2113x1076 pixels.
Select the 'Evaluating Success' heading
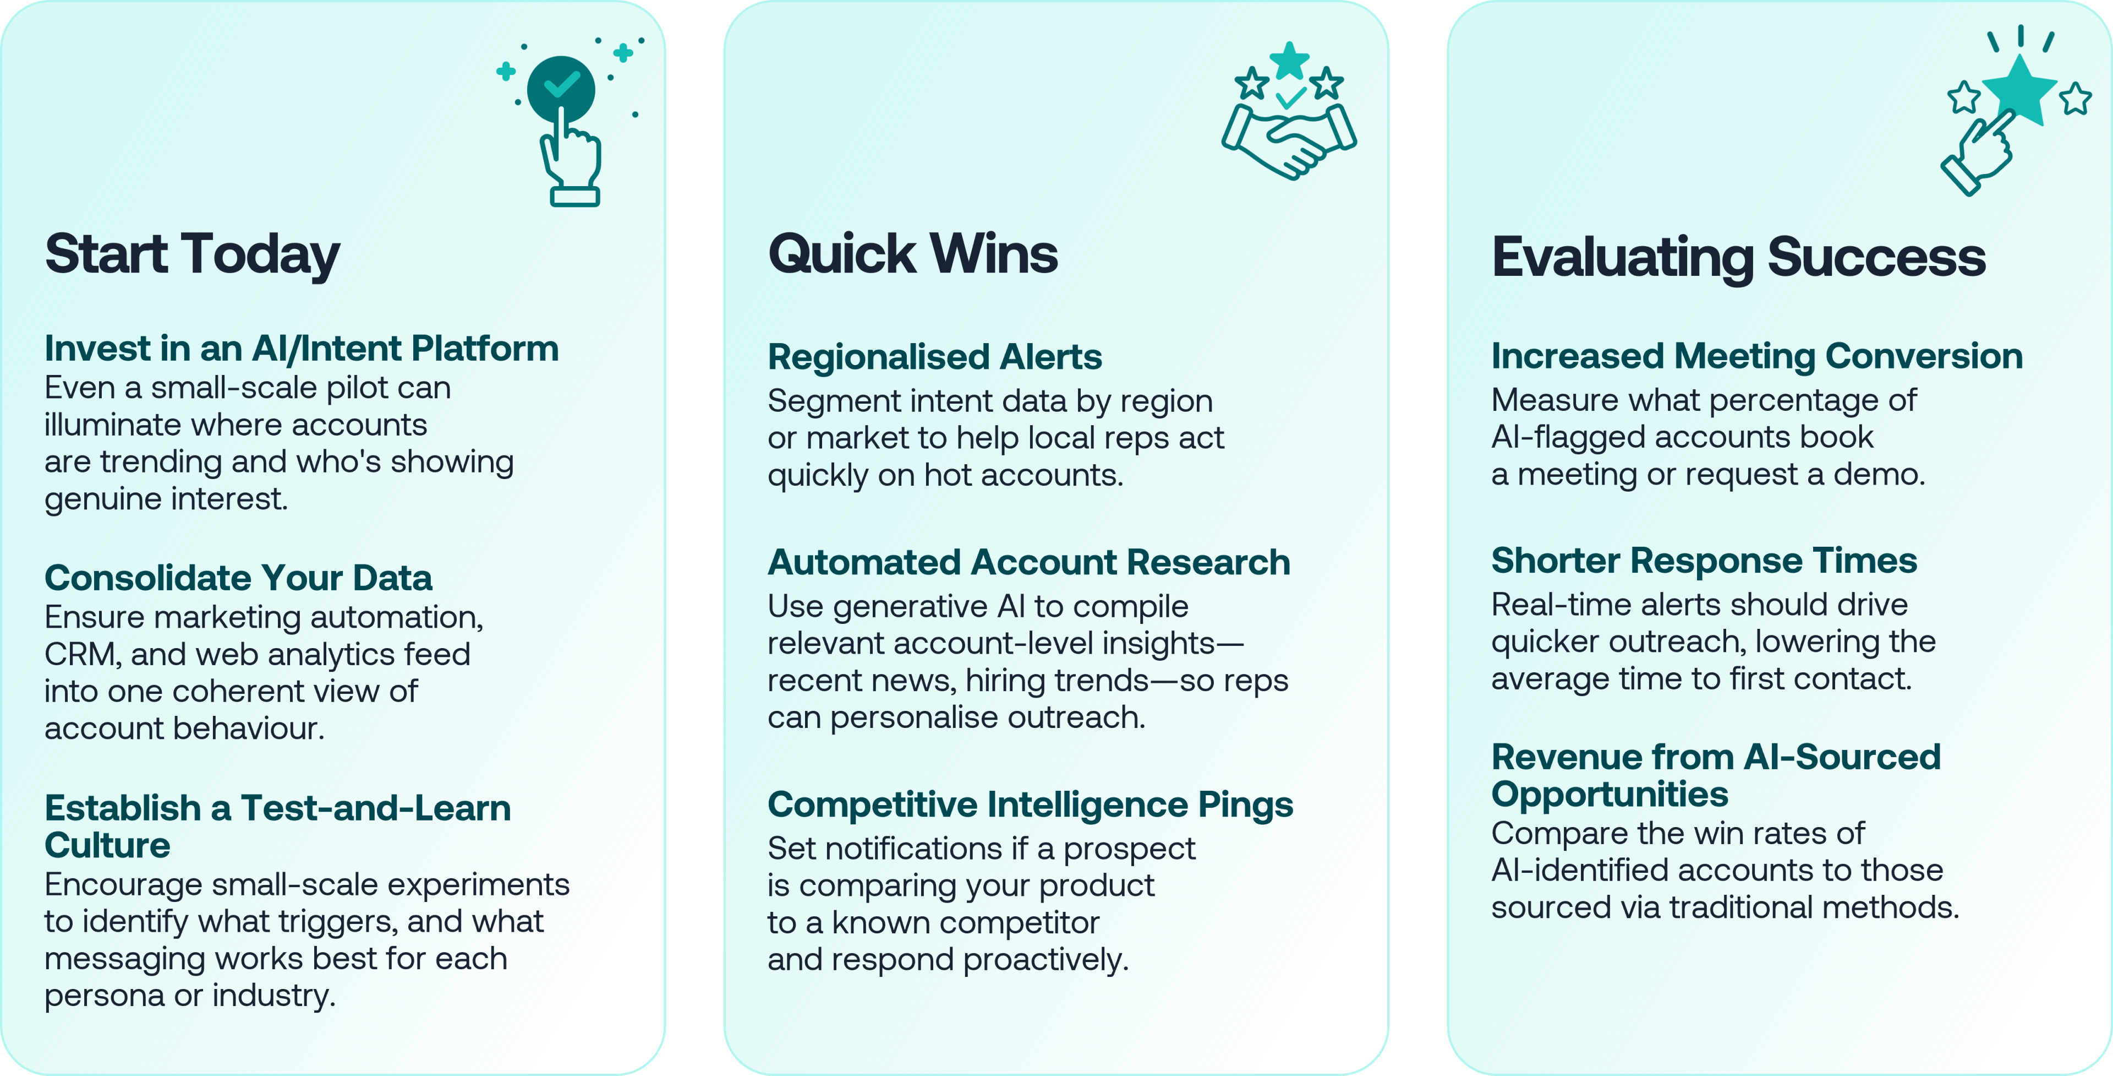coord(1738,258)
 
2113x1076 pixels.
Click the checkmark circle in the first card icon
coord(561,89)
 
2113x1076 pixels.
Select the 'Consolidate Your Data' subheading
coord(238,578)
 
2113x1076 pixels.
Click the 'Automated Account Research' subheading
coord(1028,562)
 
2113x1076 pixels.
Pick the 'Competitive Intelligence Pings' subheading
coord(1030,805)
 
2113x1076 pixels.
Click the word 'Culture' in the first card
coord(107,845)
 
